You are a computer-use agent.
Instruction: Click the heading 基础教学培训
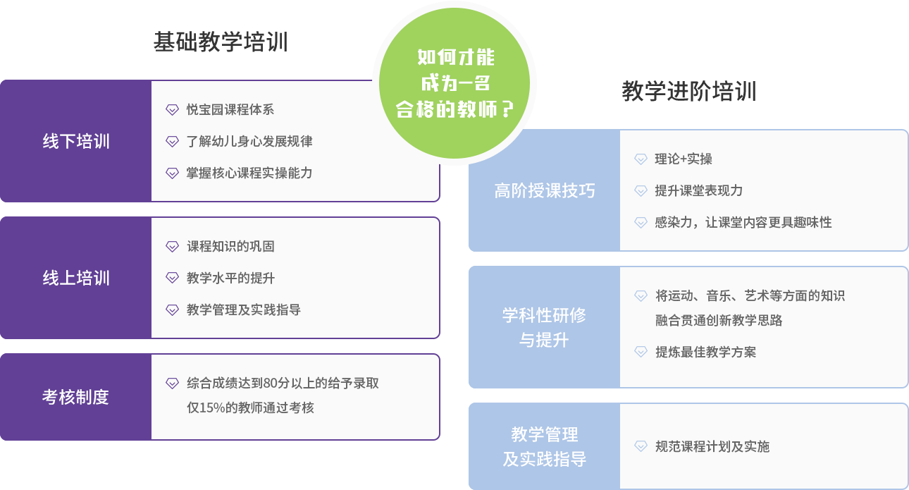pos(220,42)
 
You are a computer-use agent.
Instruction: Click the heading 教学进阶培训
pos(688,92)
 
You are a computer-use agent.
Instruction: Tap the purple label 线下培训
pos(76,141)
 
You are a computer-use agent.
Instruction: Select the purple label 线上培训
pos(76,278)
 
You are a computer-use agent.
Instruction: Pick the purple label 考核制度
pos(76,397)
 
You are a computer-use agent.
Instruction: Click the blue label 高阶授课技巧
pos(544,190)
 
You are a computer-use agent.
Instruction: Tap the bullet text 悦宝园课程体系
pos(230,109)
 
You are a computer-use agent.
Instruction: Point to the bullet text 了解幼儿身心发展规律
pos(249,141)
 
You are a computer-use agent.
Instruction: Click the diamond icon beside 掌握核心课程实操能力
pos(172,173)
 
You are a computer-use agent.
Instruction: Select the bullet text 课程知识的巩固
pos(230,246)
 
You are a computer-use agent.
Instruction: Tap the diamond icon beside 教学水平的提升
pos(172,278)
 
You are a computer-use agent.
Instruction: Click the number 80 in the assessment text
pos(271,384)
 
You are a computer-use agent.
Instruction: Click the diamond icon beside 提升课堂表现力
pos(641,190)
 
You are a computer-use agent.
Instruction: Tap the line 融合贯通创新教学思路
pos(719,320)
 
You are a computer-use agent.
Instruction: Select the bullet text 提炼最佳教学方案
pos(705,352)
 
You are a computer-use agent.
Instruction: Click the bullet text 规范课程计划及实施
pos(712,446)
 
